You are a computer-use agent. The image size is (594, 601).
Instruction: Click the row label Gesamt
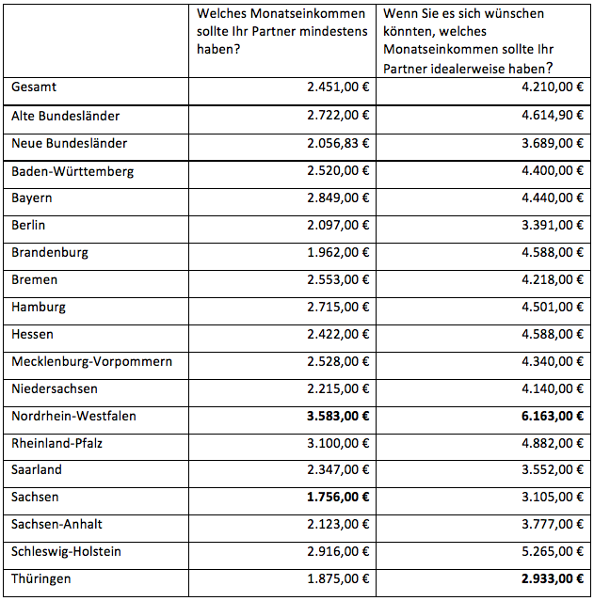click(x=34, y=87)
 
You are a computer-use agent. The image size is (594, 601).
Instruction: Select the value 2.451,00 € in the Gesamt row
click(x=338, y=87)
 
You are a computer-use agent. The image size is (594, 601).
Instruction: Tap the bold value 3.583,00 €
click(x=338, y=416)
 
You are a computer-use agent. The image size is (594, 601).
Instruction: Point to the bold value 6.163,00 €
click(x=538, y=416)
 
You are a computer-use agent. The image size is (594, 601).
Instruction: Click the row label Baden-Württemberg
click(x=72, y=171)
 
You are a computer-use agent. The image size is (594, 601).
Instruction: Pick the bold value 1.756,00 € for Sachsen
click(x=338, y=498)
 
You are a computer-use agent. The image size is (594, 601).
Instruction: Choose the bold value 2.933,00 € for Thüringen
click(x=538, y=579)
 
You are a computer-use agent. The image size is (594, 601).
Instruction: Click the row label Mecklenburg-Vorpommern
click(x=91, y=361)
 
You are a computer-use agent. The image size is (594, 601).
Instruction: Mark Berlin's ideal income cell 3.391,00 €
click(x=538, y=226)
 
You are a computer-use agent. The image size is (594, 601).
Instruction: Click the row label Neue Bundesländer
click(x=69, y=144)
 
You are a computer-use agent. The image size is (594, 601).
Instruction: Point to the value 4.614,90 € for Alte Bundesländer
click(x=538, y=117)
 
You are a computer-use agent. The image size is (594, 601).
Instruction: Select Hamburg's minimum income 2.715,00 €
click(x=338, y=308)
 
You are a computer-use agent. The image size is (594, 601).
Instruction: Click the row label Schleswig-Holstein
click(x=66, y=551)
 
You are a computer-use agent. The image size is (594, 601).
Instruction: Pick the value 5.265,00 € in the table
click(x=538, y=552)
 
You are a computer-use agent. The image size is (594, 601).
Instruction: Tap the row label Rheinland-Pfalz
click(x=57, y=443)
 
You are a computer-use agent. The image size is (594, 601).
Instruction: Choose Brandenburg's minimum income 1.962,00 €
click(x=338, y=253)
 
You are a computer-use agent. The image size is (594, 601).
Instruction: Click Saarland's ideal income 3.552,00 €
click(x=538, y=470)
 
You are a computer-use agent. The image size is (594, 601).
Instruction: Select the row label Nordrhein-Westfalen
click(x=73, y=416)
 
